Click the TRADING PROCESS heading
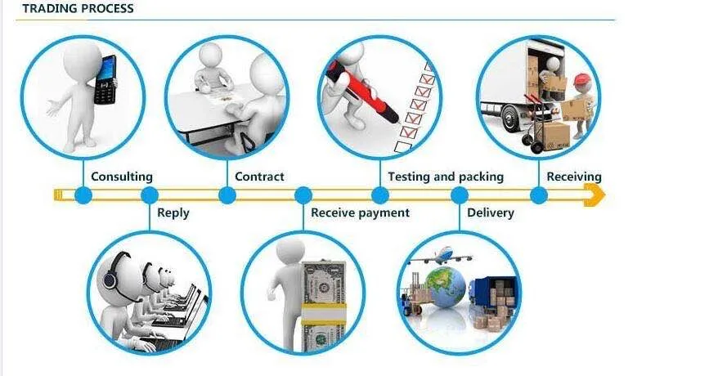(78, 9)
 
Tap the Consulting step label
(121, 177)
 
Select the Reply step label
(173, 213)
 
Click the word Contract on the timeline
(259, 177)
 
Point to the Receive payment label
(360, 213)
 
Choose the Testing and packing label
(445, 177)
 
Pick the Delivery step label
(490, 213)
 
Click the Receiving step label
(573, 177)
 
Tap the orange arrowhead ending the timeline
(595, 195)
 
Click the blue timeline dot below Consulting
(83, 195)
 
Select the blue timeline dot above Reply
(149, 195)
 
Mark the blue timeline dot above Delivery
(460, 195)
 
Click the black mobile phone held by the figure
(105, 81)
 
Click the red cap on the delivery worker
(581, 79)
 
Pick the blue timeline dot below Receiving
(538, 195)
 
